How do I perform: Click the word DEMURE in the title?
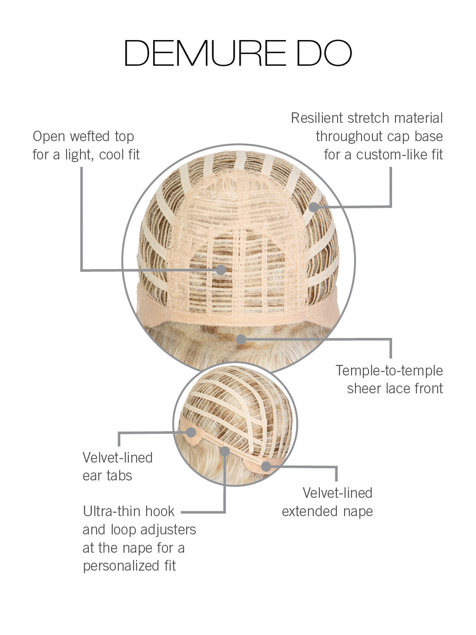click(205, 53)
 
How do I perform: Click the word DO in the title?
click(324, 53)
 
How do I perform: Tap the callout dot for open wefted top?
click(221, 270)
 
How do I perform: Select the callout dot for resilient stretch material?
click(314, 207)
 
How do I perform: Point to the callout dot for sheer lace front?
click(241, 339)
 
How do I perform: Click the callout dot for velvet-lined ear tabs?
click(191, 432)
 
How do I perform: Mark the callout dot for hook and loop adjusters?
click(225, 451)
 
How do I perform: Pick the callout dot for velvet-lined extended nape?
click(266, 467)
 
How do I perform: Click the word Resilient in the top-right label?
click(317, 118)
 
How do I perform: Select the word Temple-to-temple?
click(389, 371)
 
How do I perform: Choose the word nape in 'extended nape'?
click(358, 511)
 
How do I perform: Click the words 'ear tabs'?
click(107, 475)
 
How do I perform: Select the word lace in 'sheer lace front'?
click(402, 388)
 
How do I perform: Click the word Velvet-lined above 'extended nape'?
click(338, 493)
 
